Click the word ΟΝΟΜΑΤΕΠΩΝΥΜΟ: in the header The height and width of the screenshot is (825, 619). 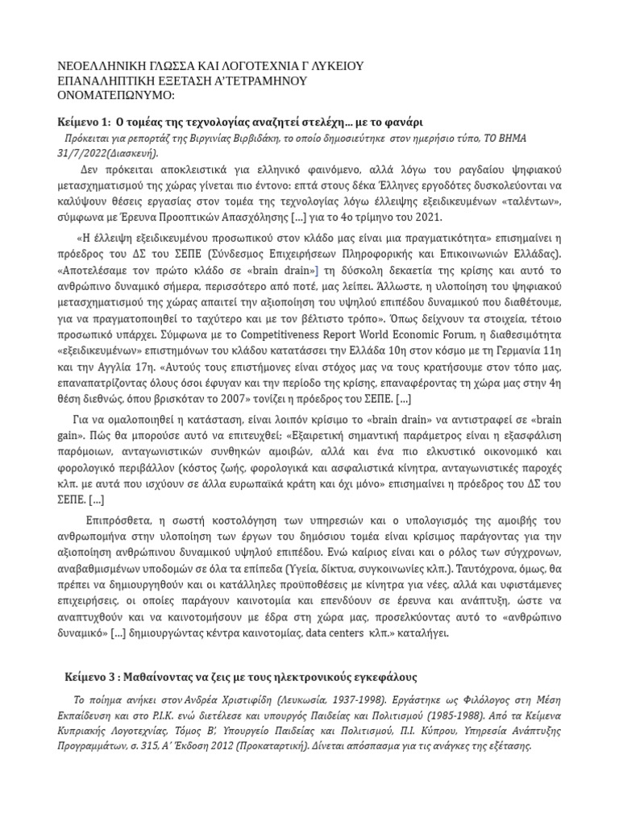118,96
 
